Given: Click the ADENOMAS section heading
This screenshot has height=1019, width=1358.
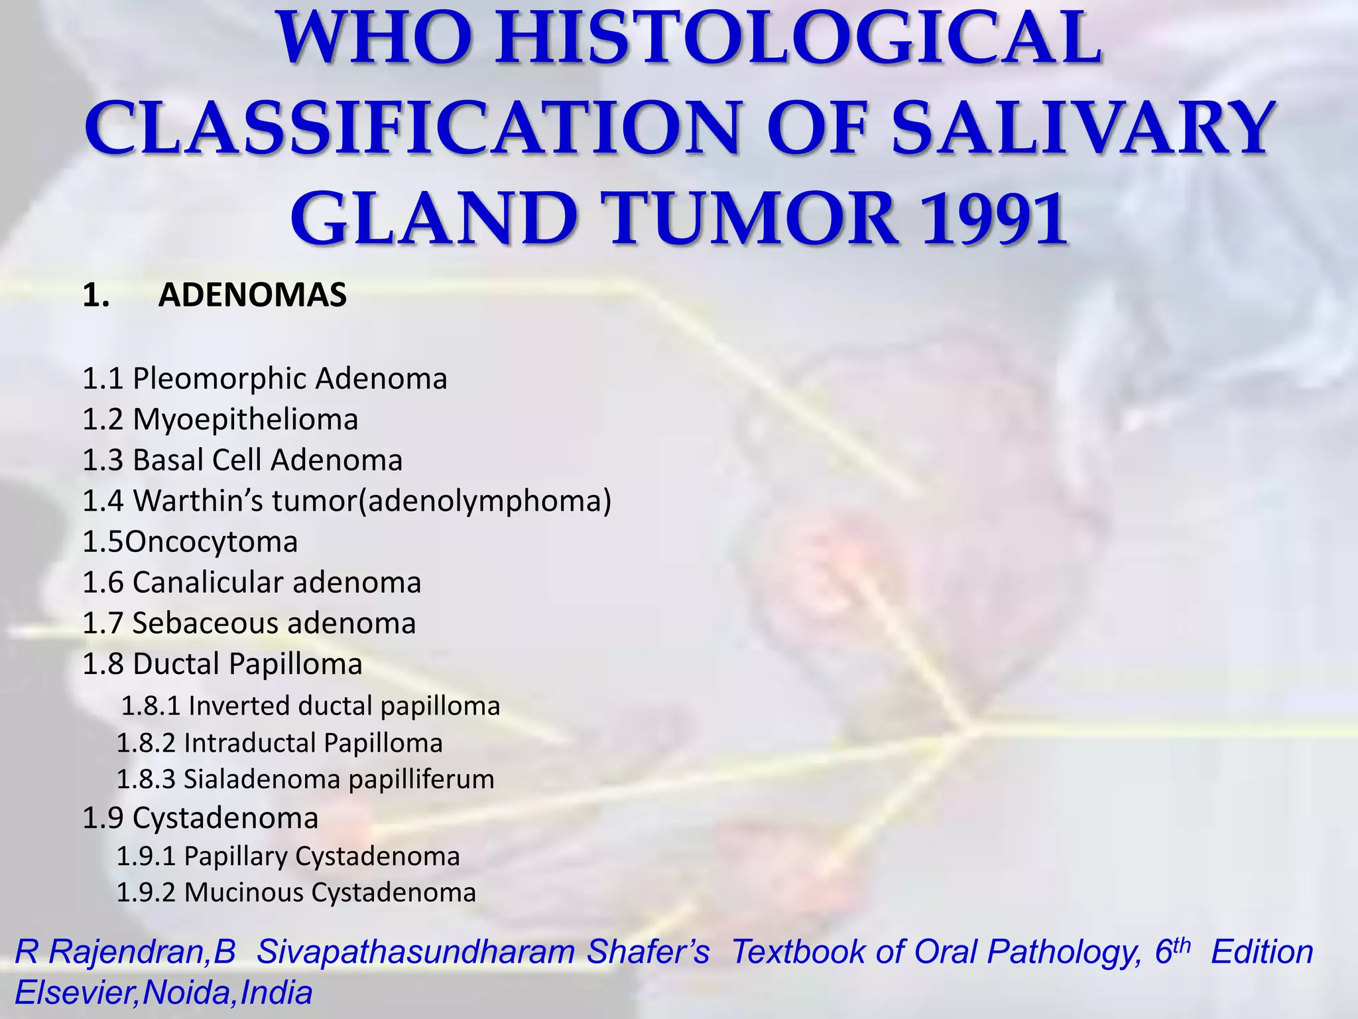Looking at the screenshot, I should coord(252,295).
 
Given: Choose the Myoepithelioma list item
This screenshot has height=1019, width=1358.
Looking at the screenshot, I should coord(245,420).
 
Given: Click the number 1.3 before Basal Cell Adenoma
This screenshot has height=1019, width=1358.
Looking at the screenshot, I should coord(103,460).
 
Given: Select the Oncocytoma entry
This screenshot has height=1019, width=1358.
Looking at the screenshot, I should coord(211,542).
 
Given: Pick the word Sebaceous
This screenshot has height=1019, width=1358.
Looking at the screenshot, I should coord(205,624).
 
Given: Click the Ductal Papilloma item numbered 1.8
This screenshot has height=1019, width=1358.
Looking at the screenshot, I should coord(222,664).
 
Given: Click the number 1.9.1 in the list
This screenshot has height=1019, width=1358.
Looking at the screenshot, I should coord(146,856).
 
